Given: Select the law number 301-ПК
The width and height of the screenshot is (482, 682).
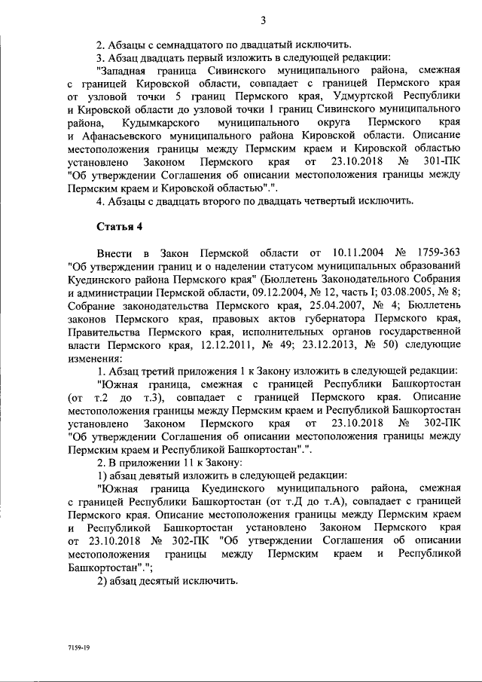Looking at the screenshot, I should point(437,162).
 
